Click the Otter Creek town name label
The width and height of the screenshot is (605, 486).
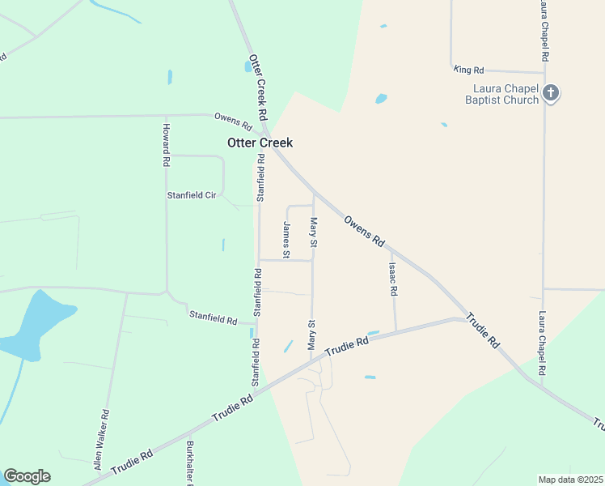point(259,143)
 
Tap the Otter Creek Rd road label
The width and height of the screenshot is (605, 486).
point(258,88)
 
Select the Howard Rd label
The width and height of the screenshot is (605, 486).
point(165,145)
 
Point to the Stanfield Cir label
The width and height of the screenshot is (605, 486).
point(192,195)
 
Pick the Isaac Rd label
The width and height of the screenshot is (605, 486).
point(393,278)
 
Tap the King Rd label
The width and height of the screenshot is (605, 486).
point(468,70)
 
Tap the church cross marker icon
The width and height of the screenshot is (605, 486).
point(551,92)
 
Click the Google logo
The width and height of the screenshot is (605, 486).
point(27,476)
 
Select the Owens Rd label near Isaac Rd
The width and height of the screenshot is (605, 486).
point(364,230)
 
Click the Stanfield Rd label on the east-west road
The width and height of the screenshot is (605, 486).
point(213,317)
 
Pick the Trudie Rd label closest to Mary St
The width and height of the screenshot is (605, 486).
point(347,349)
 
